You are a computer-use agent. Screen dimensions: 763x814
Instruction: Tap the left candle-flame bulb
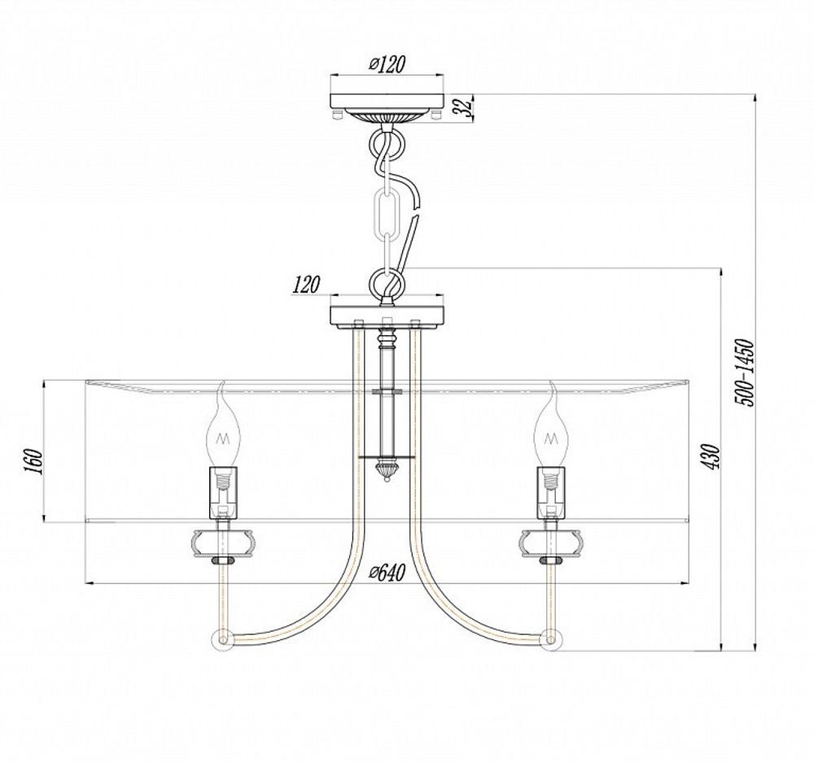click(x=221, y=432)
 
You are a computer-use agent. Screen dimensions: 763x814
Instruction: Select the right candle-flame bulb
click(x=550, y=432)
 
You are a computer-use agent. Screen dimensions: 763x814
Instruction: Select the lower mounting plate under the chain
click(x=387, y=313)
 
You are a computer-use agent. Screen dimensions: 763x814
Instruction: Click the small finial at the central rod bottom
click(x=386, y=469)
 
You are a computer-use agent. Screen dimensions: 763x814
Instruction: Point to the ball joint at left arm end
click(x=221, y=639)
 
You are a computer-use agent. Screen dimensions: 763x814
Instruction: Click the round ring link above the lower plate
click(x=386, y=284)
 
